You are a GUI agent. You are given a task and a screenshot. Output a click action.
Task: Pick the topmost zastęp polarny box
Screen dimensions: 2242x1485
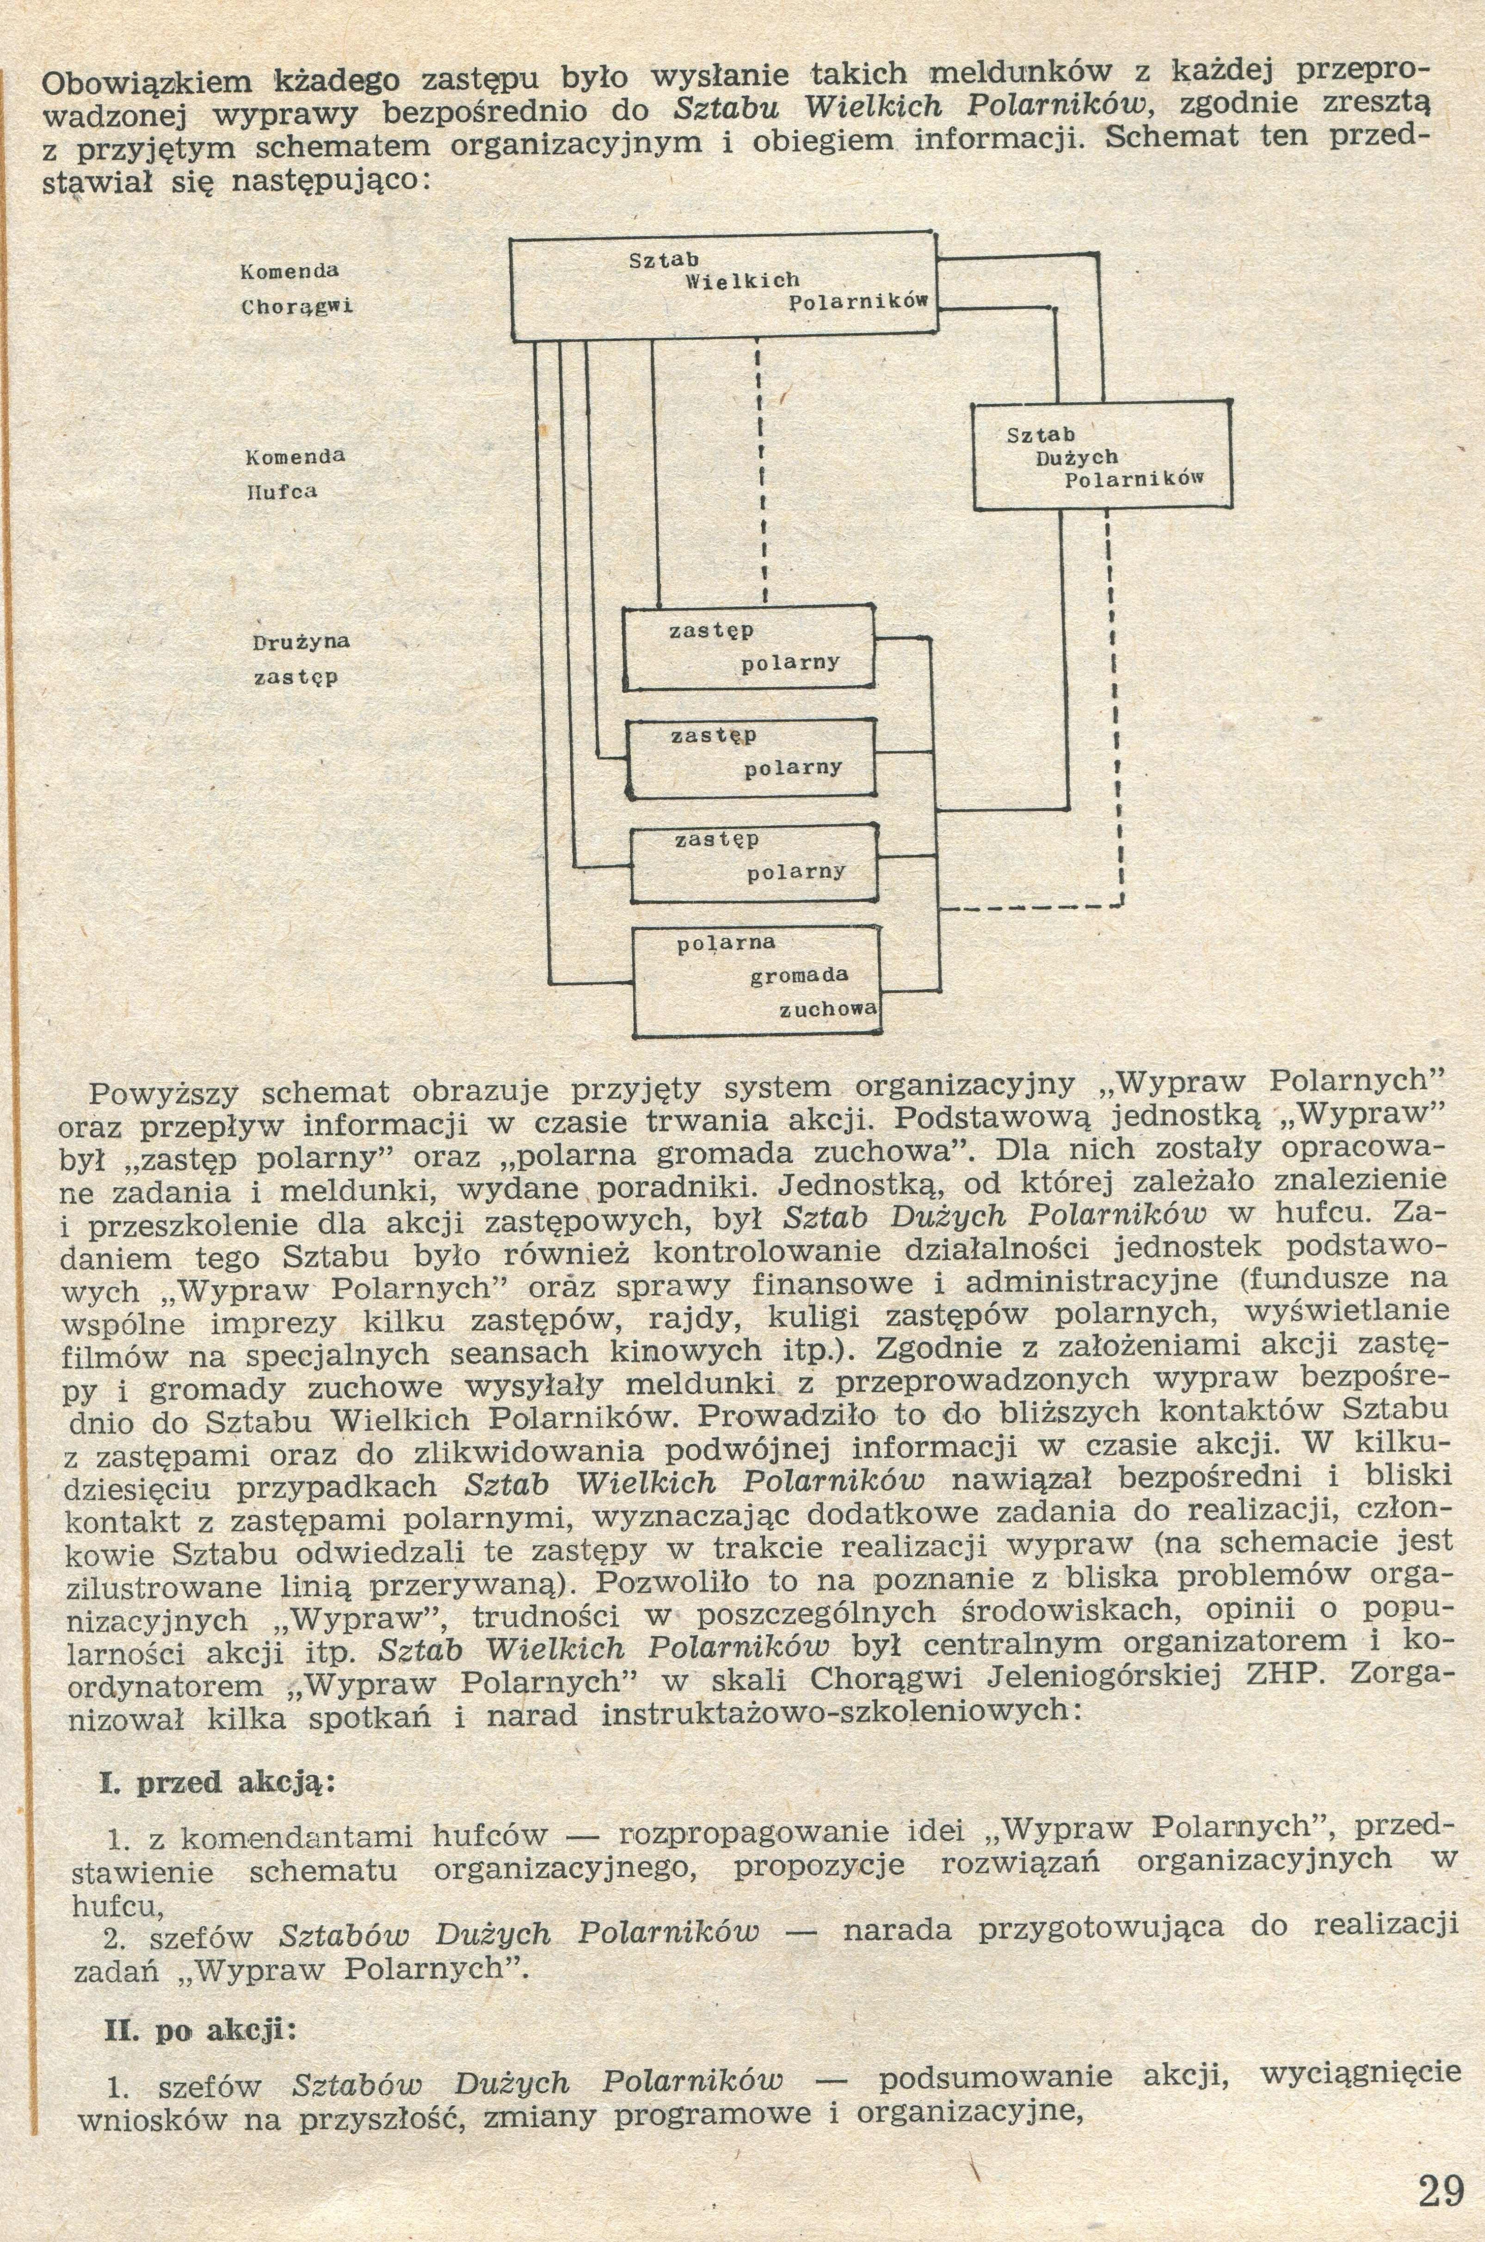(747, 648)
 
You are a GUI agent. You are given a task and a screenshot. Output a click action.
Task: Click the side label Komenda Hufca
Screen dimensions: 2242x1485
(295, 473)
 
